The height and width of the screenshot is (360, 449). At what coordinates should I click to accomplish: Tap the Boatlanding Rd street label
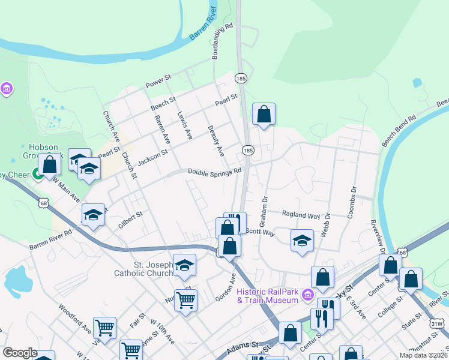tap(222, 41)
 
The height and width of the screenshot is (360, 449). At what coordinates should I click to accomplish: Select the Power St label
tap(158, 82)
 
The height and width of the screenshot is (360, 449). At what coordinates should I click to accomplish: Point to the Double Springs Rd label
tap(214, 171)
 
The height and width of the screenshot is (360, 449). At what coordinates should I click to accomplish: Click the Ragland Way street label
tap(301, 215)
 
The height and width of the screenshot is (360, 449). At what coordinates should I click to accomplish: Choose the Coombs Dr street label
tap(352, 201)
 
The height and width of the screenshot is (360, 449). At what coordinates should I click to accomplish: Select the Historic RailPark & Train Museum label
tap(268, 296)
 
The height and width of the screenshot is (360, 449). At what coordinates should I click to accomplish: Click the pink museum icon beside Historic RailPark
tap(309, 295)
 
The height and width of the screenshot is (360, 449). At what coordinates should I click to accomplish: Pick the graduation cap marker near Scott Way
tap(302, 241)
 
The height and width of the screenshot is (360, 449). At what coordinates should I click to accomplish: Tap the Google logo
tap(20, 353)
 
